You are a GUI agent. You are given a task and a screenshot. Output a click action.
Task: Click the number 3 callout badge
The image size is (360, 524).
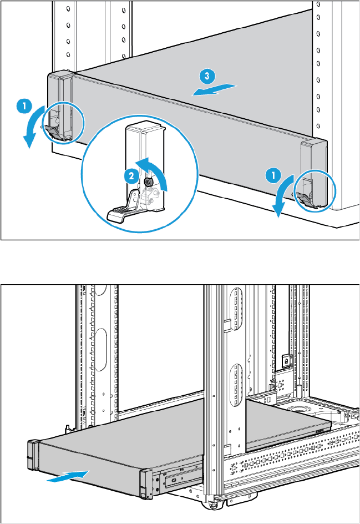click(x=204, y=75)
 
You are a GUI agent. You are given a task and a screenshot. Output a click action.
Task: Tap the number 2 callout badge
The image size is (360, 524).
click(x=130, y=176)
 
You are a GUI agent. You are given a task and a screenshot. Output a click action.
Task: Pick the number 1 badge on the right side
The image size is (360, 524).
click(x=271, y=175)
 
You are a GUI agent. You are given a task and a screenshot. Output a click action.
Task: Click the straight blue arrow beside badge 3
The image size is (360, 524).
click(x=214, y=90)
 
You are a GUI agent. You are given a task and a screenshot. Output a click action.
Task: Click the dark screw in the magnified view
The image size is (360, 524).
click(x=148, y=182)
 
